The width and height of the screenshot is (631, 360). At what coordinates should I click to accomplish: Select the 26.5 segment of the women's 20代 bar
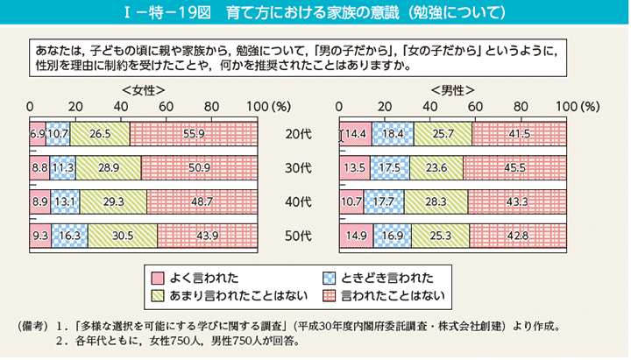click(100, 134)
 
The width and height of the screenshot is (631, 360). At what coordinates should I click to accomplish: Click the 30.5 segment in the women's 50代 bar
click(123, 235)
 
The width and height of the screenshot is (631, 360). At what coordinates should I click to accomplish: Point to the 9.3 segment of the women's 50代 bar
click(40, 235)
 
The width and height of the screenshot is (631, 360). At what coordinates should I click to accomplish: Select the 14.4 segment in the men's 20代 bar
click(356, 134)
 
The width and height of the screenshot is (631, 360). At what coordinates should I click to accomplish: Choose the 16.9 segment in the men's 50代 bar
click(392, 235)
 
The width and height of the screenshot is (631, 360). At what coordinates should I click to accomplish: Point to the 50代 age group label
click(298, 236)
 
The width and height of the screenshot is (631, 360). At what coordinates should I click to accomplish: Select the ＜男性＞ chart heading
click(453, 90)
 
